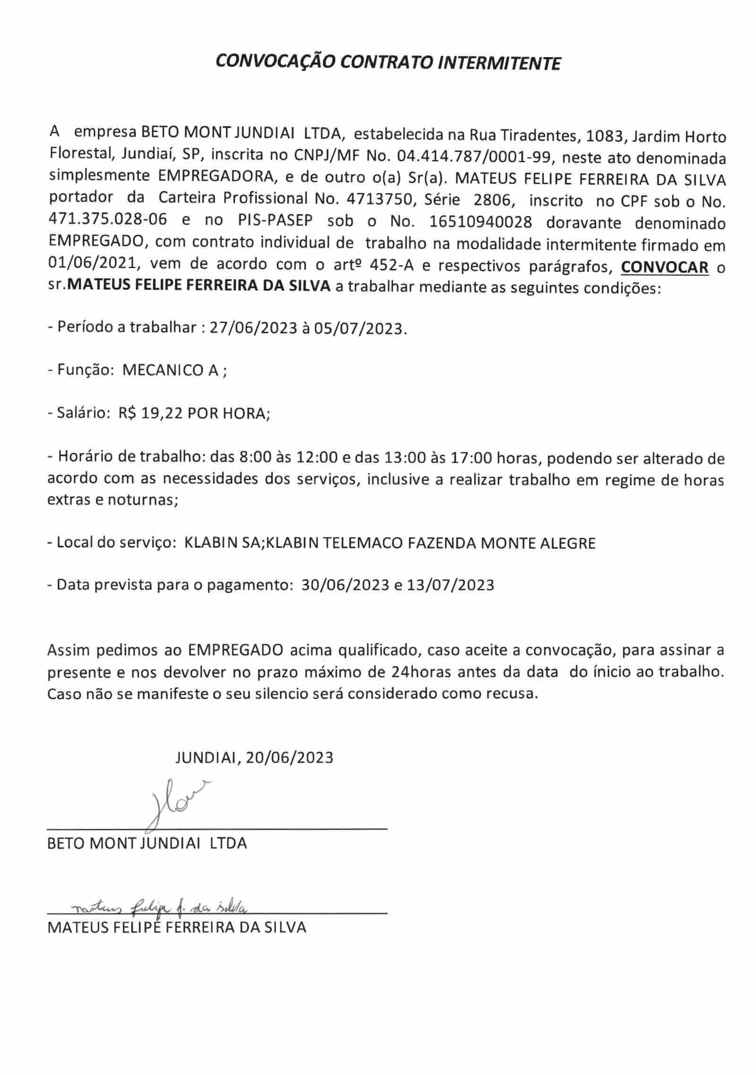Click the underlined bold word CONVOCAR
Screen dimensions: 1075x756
coord(665,267)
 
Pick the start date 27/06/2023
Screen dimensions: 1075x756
coord(253,327)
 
